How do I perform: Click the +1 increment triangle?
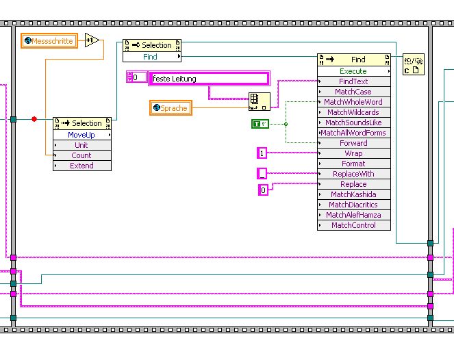tap(92, 41)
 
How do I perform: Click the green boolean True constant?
tap(260, 124)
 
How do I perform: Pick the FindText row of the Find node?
tap(353, 81)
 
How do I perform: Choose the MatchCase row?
tap(353, 92)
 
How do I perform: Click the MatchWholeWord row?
tap(353, 102)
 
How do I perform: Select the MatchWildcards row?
tap(353, 112)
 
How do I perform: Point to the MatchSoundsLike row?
tap(353, 123)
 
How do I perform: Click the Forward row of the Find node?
tap(353, 143)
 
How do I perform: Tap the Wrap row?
tap(353, 153)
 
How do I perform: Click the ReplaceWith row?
tap(353, 174)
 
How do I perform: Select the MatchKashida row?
tap(353, 194)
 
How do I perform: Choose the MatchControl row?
tap(353, 225)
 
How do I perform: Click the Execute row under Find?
tap(353, 71)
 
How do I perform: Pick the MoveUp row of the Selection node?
tap(81, 135)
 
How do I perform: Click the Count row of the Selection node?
tap(81, 155)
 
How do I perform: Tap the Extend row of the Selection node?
tap(81, 166)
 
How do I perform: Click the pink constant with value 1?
tap(262, 153)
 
